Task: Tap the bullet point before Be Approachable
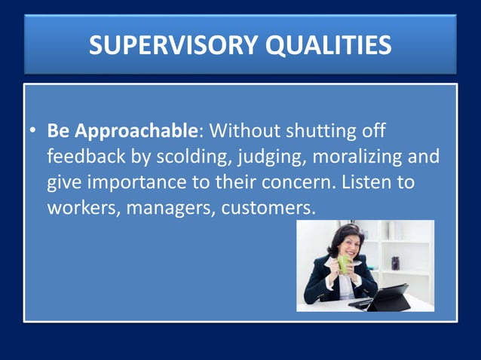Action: click(34, 132)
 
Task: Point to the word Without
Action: click(244, 132)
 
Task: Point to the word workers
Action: click(81, 209)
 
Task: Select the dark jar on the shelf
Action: click(396, 263)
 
